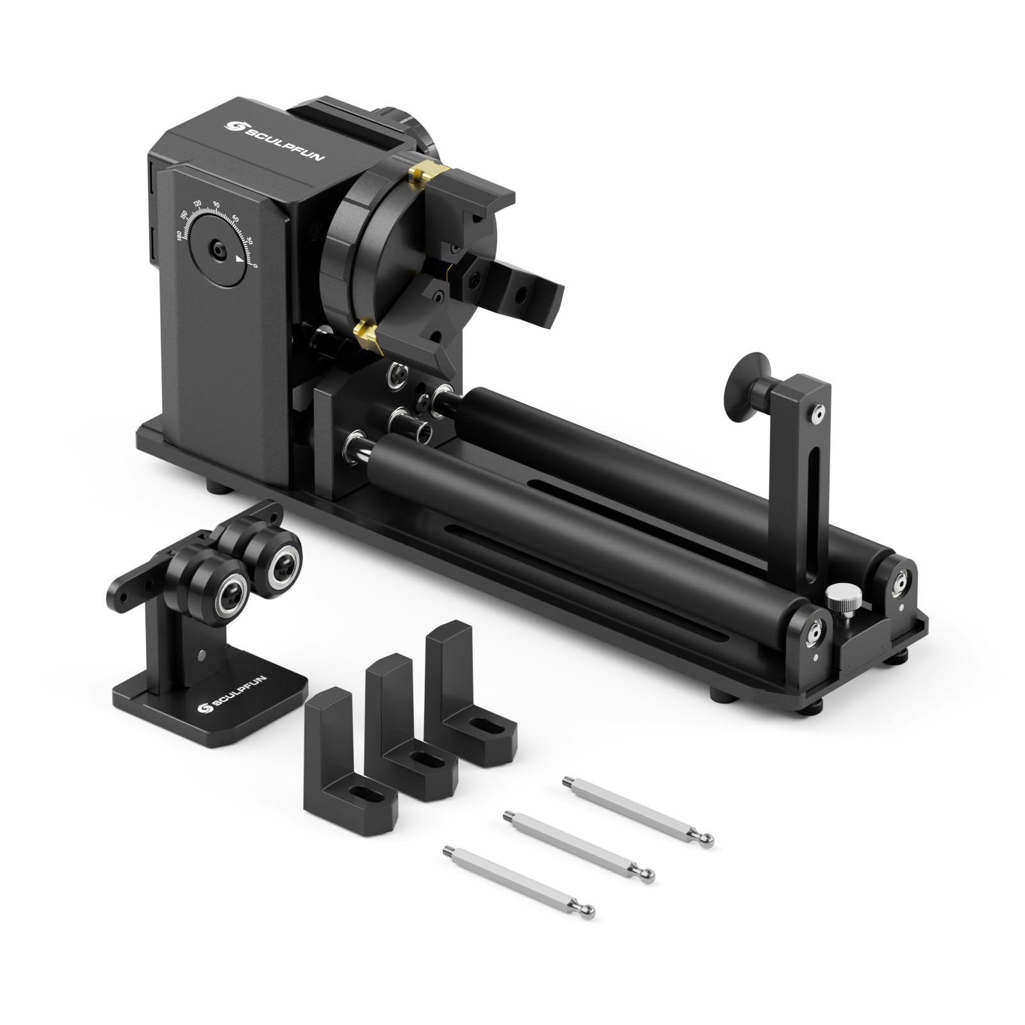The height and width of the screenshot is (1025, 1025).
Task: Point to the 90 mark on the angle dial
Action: pos(217,204)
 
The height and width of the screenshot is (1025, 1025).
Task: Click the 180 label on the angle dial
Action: pos(179,236)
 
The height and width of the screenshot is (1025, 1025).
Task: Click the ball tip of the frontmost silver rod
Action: pos(589,910)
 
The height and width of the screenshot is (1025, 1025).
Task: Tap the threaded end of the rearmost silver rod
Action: pos(567,781)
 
